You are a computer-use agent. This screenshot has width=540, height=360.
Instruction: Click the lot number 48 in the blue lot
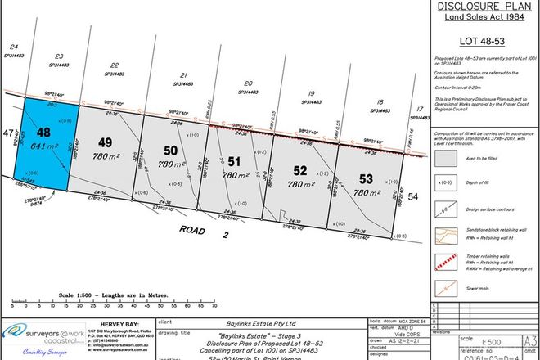point(43,133)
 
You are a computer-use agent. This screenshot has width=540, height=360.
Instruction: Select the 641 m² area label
point(44,147)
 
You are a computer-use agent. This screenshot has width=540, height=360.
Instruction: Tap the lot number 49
point(105,141)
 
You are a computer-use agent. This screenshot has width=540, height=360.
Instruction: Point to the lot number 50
point(170,151)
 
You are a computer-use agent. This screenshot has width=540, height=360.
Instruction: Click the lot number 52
point(300,171)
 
